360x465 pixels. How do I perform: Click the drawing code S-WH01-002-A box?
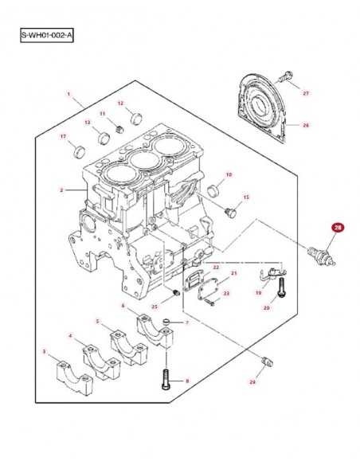click(46, 35)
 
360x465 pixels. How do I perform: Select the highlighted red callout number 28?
click(338, 228)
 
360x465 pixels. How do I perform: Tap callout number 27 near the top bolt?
click(306, 93)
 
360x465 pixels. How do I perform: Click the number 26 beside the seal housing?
click(306, 125)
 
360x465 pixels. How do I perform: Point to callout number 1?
click(68, 94)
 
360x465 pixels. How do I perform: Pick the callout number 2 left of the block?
click(61, 190)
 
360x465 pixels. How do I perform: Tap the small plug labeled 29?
click(267, 361)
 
